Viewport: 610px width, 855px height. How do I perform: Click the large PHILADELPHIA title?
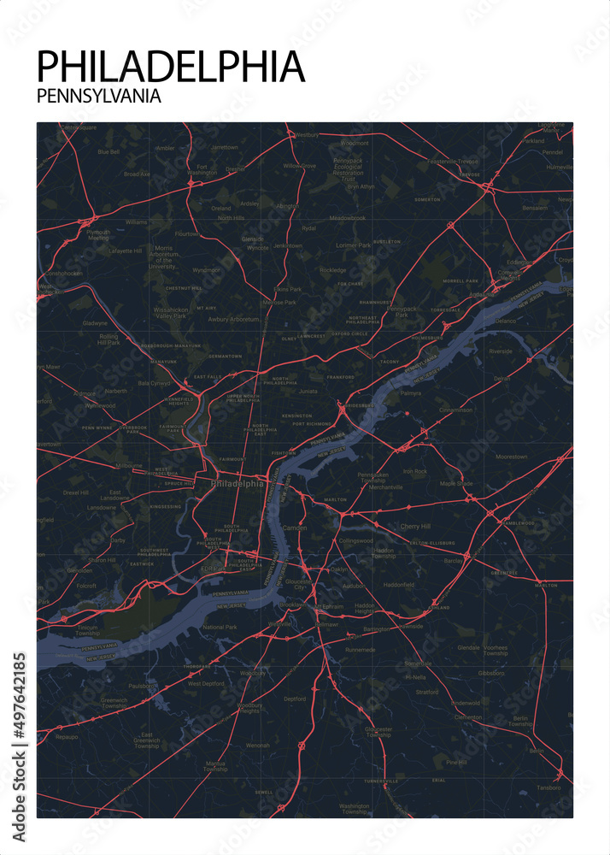[171, 67]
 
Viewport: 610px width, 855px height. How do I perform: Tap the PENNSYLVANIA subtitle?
[99, 97]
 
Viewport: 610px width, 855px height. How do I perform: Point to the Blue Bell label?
[109, 151]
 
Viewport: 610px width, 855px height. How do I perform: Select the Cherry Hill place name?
[415, 527]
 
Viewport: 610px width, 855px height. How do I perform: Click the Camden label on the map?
[294, 528]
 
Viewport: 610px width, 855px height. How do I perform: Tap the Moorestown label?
[511, 457]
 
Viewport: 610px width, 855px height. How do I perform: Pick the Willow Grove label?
[299, 165]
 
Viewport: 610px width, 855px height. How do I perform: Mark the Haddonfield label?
[398, 585]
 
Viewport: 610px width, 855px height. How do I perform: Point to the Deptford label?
[295, 699]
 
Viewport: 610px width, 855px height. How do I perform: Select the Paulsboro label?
[119, 685]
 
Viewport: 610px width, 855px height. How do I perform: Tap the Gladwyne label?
[95, 323]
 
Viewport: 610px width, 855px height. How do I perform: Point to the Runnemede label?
[359, 650]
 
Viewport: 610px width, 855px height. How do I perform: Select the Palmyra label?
[410, 393]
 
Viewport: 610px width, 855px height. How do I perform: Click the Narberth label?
[115, 391]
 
